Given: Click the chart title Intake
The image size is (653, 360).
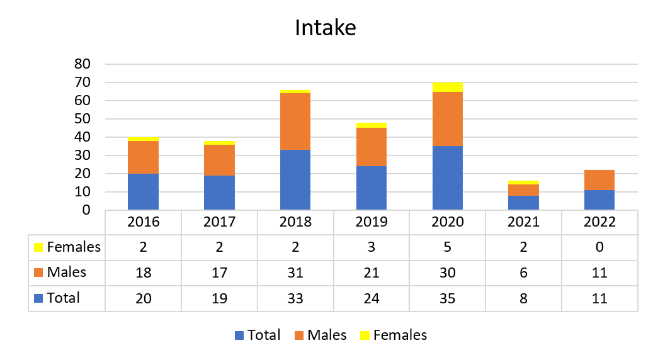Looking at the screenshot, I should tap(326, 28).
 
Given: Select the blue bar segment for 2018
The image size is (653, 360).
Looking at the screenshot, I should tap(295, 179).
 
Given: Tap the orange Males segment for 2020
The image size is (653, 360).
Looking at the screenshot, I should tap(448, 119).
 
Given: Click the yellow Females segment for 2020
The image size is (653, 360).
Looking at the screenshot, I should tap(448, 87).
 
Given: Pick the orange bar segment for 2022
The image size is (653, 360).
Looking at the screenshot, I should tap(599, 180).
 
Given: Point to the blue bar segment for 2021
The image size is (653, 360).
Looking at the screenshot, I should tap(523, 203).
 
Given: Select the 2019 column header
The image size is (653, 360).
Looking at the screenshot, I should tap(372, 222).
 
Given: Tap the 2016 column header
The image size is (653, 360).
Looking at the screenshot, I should tap(143, 222).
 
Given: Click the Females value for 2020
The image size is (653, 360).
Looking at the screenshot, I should tap(448, 247).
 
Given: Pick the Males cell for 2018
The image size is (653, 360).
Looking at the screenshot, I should tap(295, 273).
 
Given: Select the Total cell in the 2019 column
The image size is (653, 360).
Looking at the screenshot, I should tap(372, 298).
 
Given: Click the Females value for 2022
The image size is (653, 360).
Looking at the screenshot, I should tap(599, 247).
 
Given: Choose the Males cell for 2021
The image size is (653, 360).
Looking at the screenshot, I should tap(523, 273).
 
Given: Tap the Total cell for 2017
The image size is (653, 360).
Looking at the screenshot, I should tap(219, 298).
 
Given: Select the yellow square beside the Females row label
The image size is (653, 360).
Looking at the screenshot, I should tap(38, 247).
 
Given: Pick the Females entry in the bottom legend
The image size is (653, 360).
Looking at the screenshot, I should tap(394, 335).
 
